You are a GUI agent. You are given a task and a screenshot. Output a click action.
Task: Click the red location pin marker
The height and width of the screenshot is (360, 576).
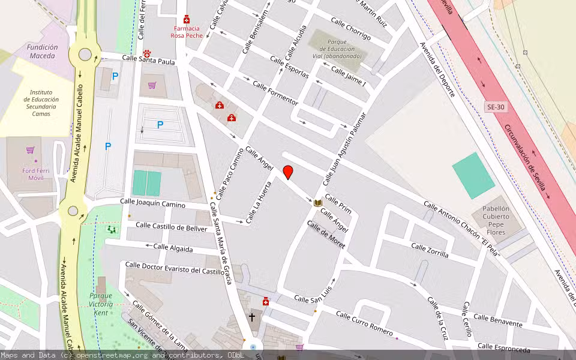tap(288, 172)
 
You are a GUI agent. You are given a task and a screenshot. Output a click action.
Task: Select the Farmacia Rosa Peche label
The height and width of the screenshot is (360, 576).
tap(187, 32)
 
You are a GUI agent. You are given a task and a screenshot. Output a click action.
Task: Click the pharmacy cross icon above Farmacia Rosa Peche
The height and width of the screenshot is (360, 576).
tap(187, 19)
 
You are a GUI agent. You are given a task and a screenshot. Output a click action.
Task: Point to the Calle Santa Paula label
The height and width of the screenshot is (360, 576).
tap(148, 60)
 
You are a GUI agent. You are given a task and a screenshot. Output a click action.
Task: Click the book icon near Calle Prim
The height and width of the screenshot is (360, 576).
tap(318, 203)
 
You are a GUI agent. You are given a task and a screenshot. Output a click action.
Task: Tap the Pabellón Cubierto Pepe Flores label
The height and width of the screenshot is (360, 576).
tap(496, 220)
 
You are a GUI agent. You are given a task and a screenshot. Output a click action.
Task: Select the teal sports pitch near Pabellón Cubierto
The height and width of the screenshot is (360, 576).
tap(473, 175)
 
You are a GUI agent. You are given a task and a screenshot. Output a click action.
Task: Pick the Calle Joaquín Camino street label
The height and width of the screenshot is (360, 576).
tap(152, 204)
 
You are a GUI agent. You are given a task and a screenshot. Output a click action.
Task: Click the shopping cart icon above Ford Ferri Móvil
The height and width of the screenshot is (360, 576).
tap(30, 149)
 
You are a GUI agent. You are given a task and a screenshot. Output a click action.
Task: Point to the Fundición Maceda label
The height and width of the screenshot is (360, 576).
tap(42, 52)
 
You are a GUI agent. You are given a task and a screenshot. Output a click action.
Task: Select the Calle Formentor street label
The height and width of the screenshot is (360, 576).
tap(275, 94)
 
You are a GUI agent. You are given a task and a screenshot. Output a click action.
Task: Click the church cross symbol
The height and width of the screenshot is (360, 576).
tap(252, 316)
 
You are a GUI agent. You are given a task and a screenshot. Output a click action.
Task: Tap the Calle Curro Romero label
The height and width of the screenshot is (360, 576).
tap(364, 323)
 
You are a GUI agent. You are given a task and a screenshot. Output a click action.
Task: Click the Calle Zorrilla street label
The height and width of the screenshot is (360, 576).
tap(430, 250)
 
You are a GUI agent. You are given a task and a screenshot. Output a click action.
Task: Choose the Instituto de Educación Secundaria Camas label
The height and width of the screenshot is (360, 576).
tap(41, 100)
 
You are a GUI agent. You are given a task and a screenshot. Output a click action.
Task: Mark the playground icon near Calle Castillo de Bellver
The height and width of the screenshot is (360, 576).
tap(110, 229)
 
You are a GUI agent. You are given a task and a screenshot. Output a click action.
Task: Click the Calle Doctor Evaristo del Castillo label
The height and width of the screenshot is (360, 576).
tap(174, 268)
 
